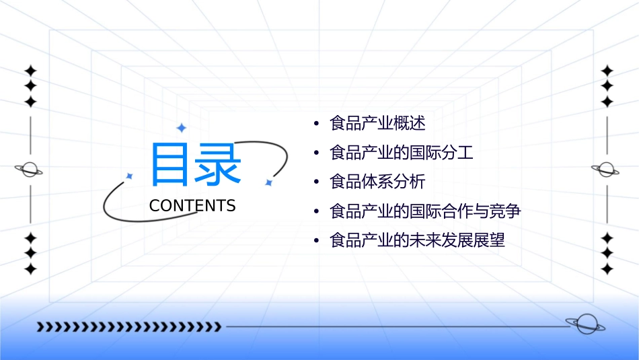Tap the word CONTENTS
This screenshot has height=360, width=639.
pyautogui.click(x=192, y=206)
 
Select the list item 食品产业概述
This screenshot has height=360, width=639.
pyautogui.click(x=377, y=124)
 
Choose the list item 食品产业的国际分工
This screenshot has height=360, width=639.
pyautogui.click(x=402, y=153)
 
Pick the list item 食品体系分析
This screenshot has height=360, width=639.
pyautogui.click(x=377, y=182)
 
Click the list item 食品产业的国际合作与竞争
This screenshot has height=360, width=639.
pyautogui.click(x=425, y=211)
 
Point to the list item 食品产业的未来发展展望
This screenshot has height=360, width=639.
pyautogui.click(x=417, y=240)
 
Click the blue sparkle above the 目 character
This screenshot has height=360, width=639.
pyautogui.click(x=181, y=128)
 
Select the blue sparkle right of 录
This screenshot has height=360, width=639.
pyautogui.click(x=268, y=182)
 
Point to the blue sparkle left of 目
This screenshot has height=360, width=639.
pyautogui.click(x=130, y=176)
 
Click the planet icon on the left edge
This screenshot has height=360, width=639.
pyautogui.click(x=30, y=170)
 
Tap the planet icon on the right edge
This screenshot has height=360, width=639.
pyautogui.click(x=606, y=170)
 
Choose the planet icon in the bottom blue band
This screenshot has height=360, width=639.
pyautogui.click(x=585, y=324)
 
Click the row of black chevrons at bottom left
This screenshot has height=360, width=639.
pyautogui.click(x=128, y=327)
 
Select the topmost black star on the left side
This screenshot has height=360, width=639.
pyautogui.click(x=30, y=71)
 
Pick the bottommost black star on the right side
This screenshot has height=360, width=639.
pyautogui.click(x=607, y=269)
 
